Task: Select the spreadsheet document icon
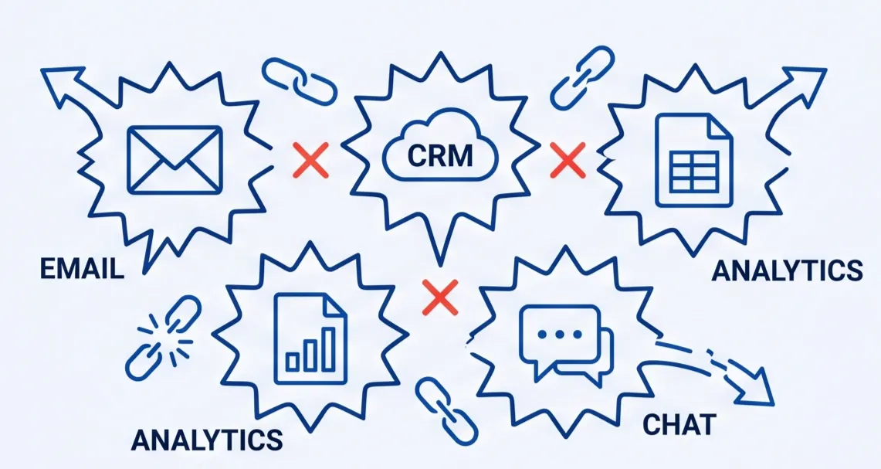point(693,161)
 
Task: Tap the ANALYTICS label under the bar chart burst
point(206,440)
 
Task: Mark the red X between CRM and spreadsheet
point(568,161)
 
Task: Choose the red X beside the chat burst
point(440,297)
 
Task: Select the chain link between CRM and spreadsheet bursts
point(582,75)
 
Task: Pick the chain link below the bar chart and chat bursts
point(446,407)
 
